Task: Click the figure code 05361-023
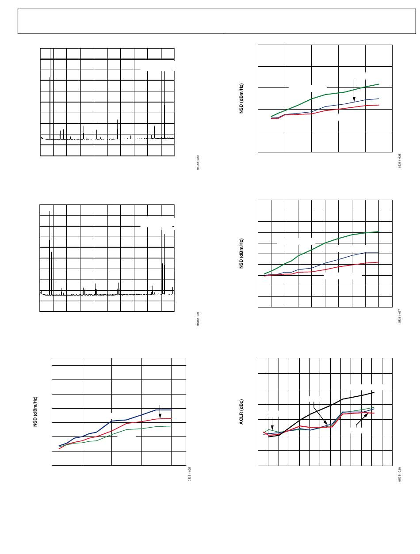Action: (x=198, y=162)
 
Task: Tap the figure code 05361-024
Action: (x=198, y=319)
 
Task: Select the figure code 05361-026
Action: (x=400, y=161)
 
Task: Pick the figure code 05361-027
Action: (x=400, y=316)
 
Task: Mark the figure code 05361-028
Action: (x=400, y=474)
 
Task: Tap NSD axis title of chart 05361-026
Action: (x=241, y=99)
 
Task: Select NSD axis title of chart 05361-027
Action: (x=241, y=254)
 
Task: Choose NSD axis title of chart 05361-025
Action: (x=35, y=411)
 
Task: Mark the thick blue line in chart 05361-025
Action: (x=133, y=418)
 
